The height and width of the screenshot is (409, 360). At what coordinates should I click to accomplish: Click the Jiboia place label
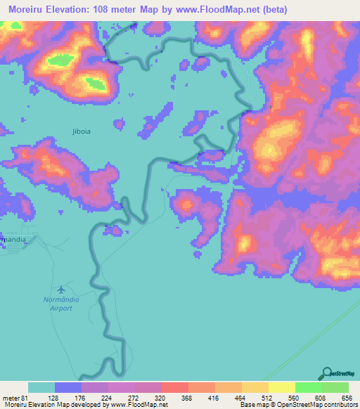tap(82, 131)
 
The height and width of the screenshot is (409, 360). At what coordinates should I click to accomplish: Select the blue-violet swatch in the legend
tap(68, 387)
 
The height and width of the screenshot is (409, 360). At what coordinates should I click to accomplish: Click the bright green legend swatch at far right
tap(335, 387)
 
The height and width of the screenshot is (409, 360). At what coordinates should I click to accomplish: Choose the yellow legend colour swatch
tap(282, 387)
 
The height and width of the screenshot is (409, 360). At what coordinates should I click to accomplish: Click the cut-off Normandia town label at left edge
tap(14, 239)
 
